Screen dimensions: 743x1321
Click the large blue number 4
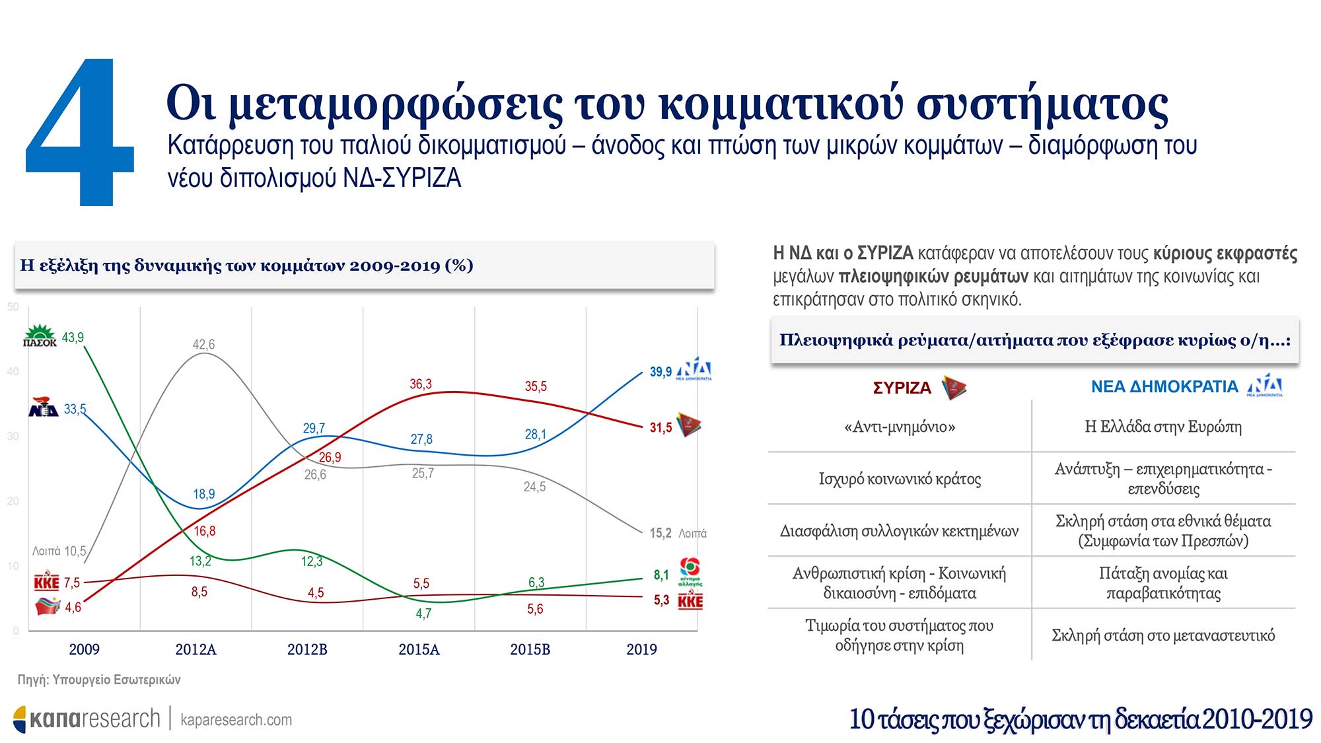[79, 132]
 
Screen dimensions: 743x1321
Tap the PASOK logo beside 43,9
[40, 336]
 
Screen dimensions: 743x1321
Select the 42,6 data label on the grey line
[203, 344]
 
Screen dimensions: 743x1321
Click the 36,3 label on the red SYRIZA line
[421, 384]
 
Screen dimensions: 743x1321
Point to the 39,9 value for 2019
[660, 372]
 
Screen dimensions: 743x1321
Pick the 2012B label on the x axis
[307, 649]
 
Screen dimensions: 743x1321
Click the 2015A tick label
[419, 649]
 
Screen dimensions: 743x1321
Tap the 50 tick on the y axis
[13, 307]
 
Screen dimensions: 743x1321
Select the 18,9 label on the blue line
[204, 494]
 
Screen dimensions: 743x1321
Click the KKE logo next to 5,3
[690, 601]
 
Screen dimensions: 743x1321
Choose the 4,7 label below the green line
[423, 614]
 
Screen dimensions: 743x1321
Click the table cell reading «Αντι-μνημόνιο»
[900, 427]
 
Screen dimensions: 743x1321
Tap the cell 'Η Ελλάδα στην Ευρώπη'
[1163, 427]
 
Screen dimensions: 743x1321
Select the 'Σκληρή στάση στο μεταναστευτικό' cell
[1163, 635]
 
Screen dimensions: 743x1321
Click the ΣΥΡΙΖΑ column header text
[902, 388]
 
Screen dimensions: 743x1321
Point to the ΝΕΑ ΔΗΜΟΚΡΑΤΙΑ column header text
[1164, 386]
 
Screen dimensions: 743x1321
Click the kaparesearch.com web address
[236, 720]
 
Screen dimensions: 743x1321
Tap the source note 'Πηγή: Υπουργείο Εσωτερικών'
[99, 680]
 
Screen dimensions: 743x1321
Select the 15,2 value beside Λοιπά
[660, 533]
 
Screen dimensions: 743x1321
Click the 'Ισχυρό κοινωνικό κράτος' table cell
[900, 479]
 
